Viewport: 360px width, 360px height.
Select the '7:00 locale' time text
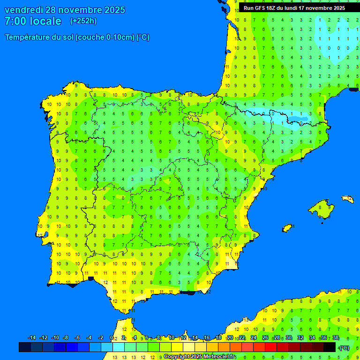(33, 21)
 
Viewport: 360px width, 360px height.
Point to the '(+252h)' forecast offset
(83, 21)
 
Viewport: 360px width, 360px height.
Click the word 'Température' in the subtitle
(28, 37)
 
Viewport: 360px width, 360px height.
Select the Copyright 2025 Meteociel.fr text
(199, 356)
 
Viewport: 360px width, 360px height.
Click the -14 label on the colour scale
(32, 338)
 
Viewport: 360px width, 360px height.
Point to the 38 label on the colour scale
(336, 338)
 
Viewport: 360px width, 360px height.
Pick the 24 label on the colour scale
(254, 338)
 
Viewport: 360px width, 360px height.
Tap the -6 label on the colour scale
(77, 338)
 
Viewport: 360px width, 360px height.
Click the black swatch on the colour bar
(330, 347)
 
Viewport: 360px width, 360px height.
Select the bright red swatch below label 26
(271, 347)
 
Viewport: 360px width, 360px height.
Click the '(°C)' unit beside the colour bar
(344, 348)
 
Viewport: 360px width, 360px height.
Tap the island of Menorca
(348, 199)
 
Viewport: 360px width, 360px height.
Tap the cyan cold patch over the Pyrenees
(281, 115)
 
